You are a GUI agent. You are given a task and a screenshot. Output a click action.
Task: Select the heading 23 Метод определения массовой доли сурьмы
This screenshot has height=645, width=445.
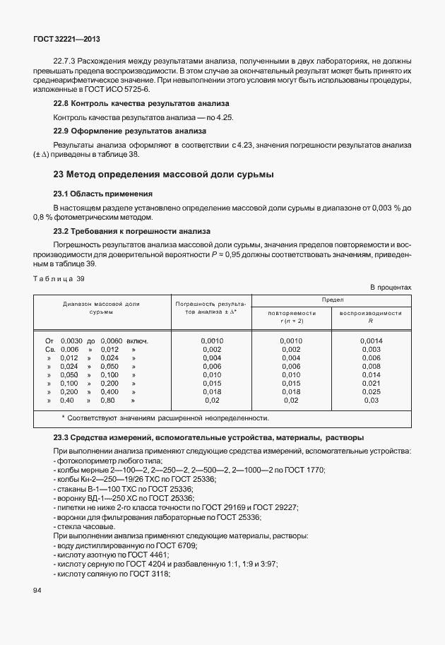point(164,174)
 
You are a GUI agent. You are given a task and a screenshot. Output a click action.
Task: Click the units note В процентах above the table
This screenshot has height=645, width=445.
point(391,287)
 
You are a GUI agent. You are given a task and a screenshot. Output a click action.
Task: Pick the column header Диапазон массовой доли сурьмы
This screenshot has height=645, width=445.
point(101,307)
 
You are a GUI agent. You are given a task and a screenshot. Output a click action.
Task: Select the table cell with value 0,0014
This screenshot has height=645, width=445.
point(371,341)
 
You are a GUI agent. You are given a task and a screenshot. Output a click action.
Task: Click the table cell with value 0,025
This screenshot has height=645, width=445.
point(371,391)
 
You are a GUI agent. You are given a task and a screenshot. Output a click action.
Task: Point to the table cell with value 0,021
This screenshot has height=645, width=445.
point(371,383)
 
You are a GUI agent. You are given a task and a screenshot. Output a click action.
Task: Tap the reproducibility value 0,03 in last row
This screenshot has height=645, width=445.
point(371,400)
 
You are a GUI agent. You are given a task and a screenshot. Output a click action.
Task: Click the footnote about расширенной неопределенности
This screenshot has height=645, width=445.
point(164,418)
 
